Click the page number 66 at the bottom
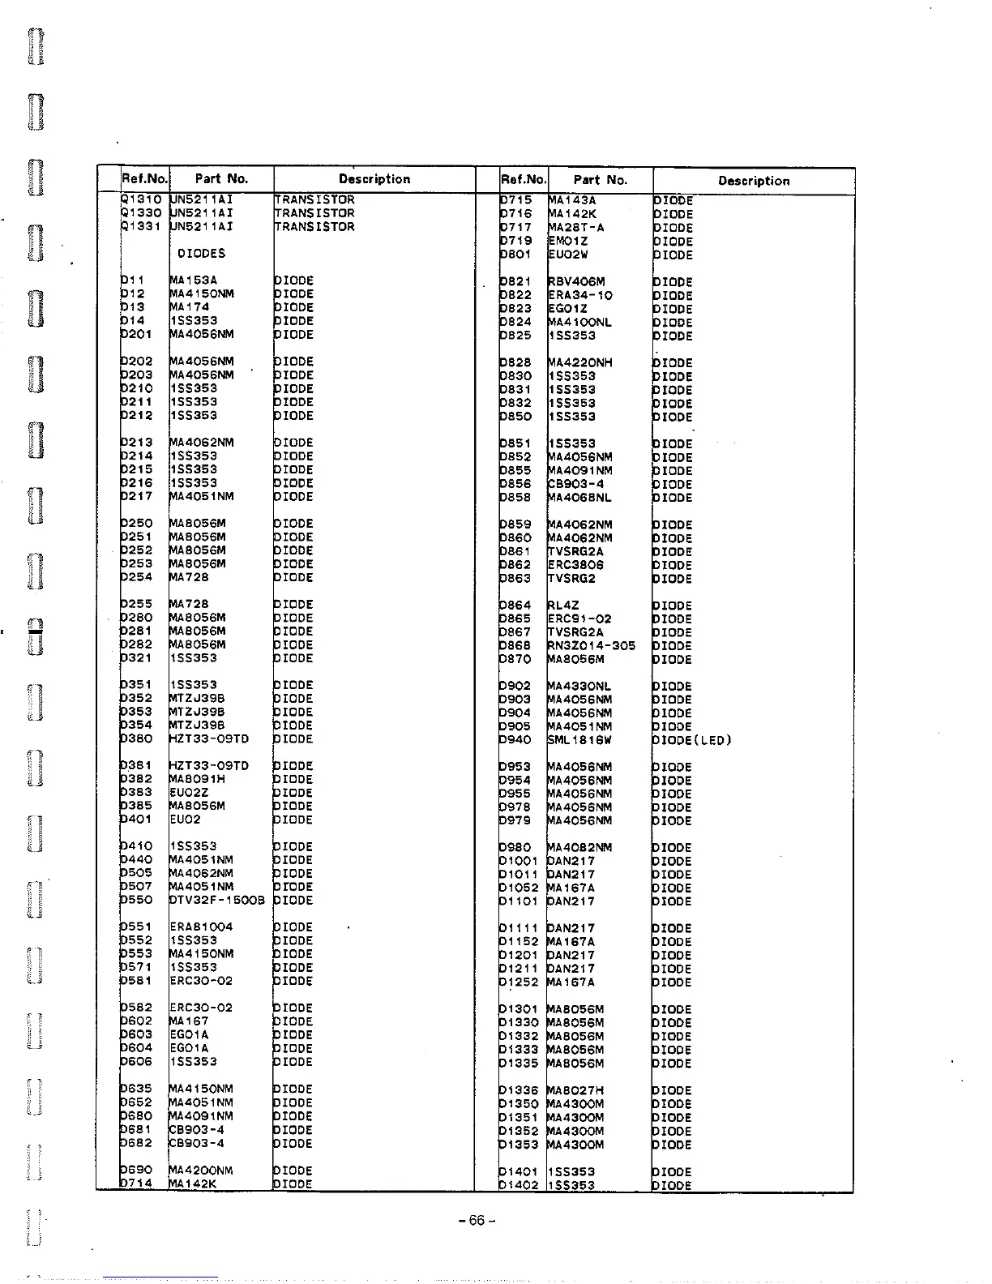point(476,1220)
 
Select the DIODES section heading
point(201,254)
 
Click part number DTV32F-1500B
point(216,900)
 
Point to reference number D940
point(515,739)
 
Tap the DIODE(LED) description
point(692,739)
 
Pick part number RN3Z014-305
point(592,645)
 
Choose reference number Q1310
point(143,199)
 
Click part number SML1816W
point(579,739)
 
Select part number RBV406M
point(576,282)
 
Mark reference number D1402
point(519,1185)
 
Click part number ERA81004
point(201,927)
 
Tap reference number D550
point(135,900)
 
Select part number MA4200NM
point(201,1171)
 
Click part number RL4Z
point(562,605)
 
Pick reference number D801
point(515,255)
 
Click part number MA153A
point(193,280)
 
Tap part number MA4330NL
point(579,686)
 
